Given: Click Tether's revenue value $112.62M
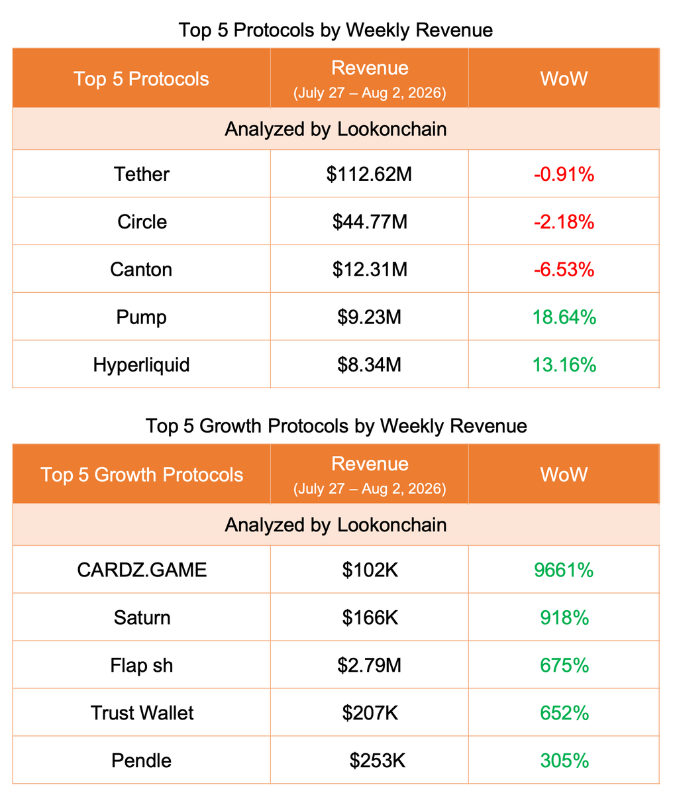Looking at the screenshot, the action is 369,174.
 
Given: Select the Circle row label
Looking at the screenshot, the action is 142,222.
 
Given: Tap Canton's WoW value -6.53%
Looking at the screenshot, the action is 564,269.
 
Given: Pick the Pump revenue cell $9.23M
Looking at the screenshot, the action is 369,317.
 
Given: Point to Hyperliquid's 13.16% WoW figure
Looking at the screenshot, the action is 564,364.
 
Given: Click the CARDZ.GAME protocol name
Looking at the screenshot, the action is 142,570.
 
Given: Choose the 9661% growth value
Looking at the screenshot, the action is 564,570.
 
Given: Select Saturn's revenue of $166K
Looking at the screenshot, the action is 370,617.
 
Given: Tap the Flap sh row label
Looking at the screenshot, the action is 142,665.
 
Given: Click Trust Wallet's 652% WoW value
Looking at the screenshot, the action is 564,713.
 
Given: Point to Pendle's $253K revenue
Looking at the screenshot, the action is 378,761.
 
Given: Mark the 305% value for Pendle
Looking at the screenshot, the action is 564,761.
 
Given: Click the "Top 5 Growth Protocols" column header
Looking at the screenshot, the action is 142,474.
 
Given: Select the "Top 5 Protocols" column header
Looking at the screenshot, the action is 141,79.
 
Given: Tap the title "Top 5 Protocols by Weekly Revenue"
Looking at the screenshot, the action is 336,30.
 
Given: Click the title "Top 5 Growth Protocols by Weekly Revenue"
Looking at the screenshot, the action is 336,426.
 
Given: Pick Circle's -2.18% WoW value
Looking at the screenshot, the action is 564,222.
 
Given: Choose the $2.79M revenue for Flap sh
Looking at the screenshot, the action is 369,665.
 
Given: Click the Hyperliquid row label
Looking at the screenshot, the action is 142,364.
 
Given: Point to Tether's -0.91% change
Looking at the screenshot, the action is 564,174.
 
